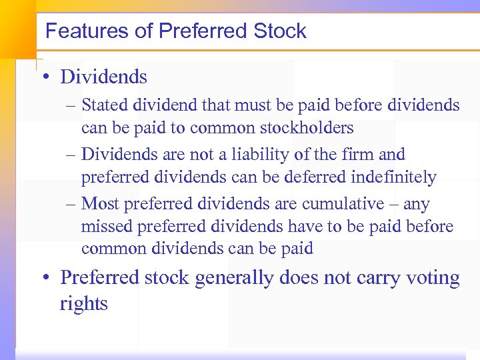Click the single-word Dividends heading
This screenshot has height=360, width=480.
[x=103, y=77]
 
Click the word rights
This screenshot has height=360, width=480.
[x=83, y=304]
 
